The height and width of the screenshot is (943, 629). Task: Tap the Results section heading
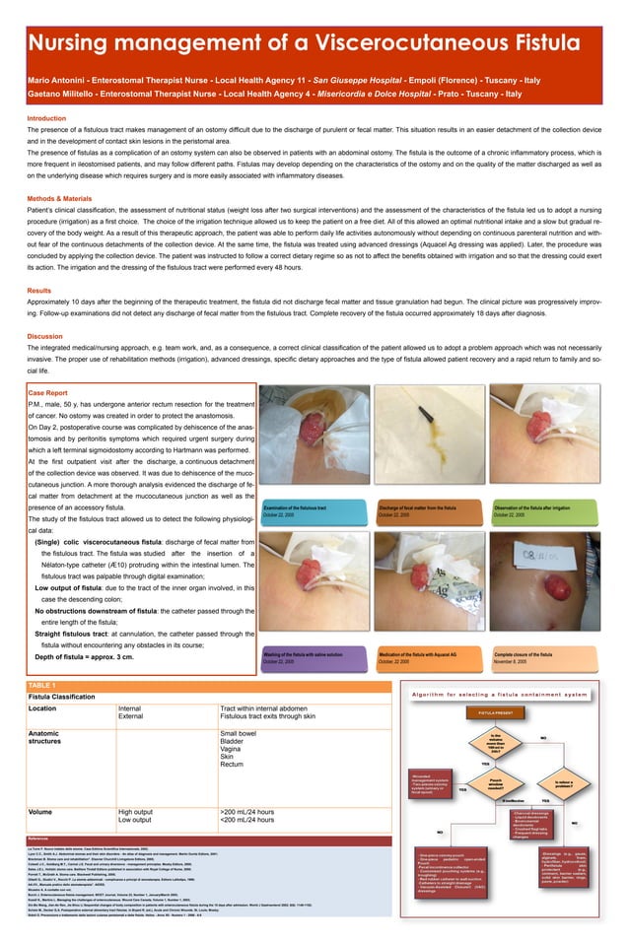point(38,291)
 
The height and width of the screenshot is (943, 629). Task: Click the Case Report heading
point(48,392)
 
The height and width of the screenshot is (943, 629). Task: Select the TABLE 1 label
point(42,684)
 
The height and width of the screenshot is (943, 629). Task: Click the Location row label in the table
point(42,707)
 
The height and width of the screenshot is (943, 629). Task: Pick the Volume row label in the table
point(40,811)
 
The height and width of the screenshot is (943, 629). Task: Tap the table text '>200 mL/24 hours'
point(246,811)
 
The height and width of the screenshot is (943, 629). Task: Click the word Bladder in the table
point(234,744)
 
